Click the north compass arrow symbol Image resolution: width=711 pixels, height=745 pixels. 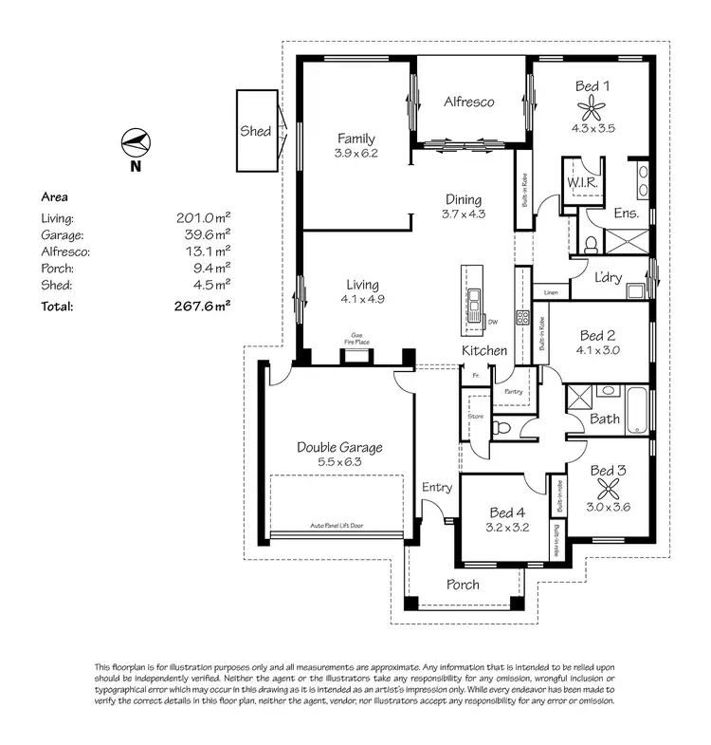(x=135, y=143)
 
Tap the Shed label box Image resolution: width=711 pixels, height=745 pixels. (x=255, y=132)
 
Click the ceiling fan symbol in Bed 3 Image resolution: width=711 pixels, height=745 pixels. (x=610, y=489)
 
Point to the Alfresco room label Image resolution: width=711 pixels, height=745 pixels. (x=469, y=102)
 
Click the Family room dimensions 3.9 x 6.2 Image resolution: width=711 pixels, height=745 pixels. (x=355, y=153)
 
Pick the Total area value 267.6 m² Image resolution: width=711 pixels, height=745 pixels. (x=204, y=306)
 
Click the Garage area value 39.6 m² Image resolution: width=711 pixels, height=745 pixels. (x=204, y=234)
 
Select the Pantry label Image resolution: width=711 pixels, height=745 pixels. (x=514, y=391)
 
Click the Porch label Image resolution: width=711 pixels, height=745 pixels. (x=463, y=585)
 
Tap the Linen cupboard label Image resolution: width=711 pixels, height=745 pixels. (x=551, y=293)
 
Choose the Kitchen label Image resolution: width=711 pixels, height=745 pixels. (x=483, y=351)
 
